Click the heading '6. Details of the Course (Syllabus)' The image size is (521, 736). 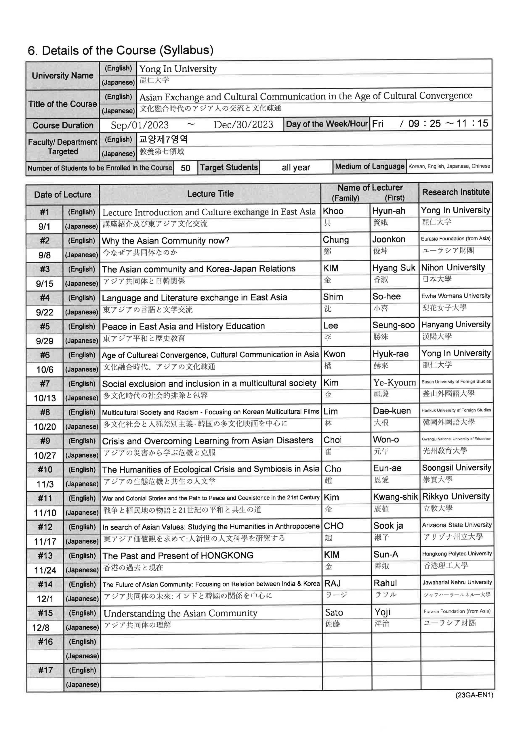click(121, 50)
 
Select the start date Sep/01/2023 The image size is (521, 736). click(140, 125)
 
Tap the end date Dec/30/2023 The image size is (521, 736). click(243, 125)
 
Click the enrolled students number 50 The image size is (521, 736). click(186, 168)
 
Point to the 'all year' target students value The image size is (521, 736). click(296, 167)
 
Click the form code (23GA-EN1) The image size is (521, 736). click(474, 695)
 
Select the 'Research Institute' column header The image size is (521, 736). click(456, 192)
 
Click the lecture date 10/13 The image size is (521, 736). click(45, 398)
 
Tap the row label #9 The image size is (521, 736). click(45, 441)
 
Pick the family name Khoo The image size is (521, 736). click(333, 211)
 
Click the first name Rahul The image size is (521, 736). click(385, 583)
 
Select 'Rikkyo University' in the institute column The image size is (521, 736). click(456, 497)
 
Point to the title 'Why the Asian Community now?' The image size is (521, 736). click(165, 240)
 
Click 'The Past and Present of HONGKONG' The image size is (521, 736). click(178, 555)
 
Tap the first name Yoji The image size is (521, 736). click(382, 612)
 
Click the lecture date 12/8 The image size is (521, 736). click(41, 627)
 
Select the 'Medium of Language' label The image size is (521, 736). click(370, 166)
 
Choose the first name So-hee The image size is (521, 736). click(386, 296)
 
